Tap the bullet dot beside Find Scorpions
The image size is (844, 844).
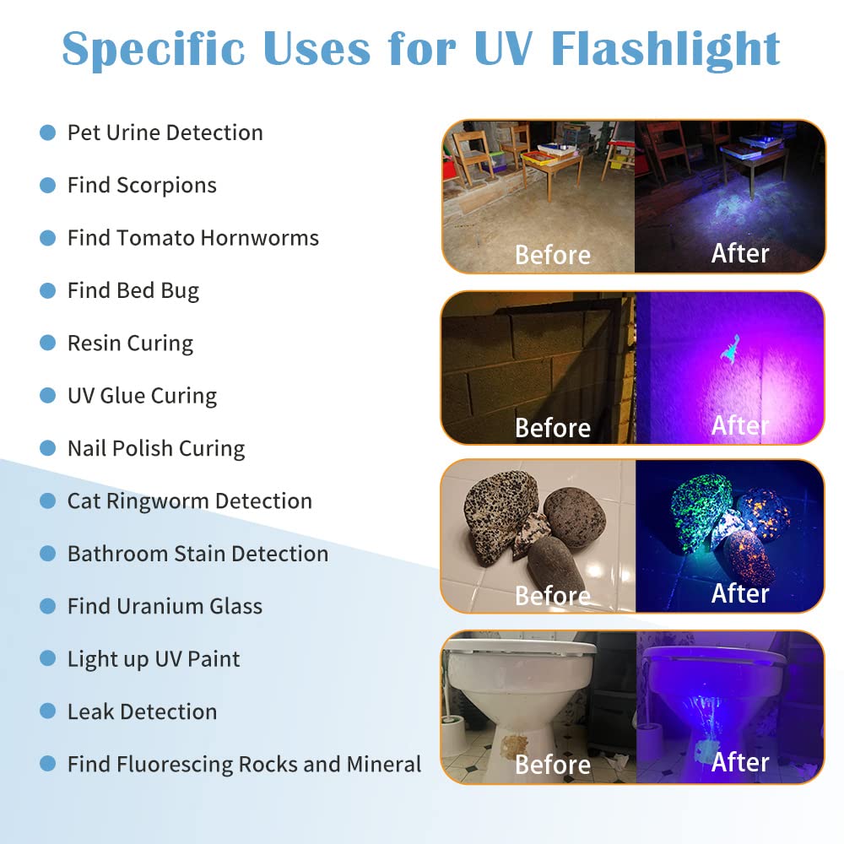click(48, 186)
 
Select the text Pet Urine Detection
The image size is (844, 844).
click(165, 133)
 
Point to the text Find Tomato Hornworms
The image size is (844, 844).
click(192, 238)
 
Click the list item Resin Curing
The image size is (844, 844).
click(130, 344)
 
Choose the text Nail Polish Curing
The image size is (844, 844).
click(156, 448)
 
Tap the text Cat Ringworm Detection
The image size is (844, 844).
click(189, 500)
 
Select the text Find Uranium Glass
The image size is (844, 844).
click(165, 606)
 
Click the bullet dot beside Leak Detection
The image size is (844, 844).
click(48, 711)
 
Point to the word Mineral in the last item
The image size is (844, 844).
click(384, 764)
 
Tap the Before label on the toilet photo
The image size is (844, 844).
click(553, 765)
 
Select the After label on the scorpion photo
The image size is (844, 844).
click(740, 425)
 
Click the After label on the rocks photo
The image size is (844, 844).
click(740, 593)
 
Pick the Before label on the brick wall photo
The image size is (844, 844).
click(553, 427)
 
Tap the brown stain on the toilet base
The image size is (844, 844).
click(514, 745)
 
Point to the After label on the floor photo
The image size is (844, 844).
click(740, 253)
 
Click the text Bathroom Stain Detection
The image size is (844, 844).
click(197, 554)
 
